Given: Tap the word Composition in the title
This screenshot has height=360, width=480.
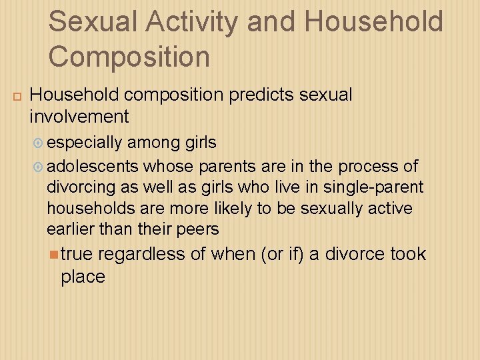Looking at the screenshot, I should click(129, 57).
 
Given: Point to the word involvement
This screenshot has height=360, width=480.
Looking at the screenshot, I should click(79, 117).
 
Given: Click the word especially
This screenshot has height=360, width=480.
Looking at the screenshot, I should click(85, 143).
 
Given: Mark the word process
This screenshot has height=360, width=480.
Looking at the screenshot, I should click(369, 166).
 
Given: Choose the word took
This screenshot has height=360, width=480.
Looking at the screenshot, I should click(408, 254).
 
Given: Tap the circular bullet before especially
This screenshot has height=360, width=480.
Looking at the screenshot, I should click(39, 143).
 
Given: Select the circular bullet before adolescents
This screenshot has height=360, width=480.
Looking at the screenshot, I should click(39, 166).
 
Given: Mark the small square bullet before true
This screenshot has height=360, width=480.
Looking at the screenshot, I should click(53, 254).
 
